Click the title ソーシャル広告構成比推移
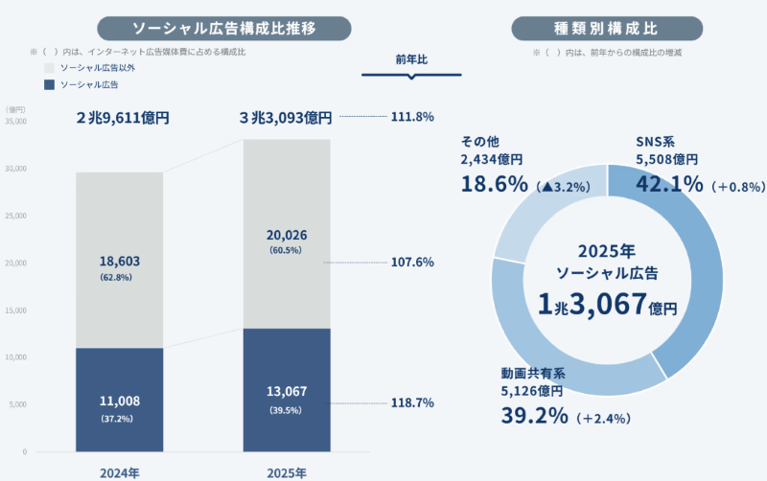224,28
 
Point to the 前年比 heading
411,59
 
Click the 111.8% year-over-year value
413,117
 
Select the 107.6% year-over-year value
413,262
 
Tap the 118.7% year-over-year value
413,403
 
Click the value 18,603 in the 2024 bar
120,261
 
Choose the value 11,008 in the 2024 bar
120,401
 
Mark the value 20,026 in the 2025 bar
287,236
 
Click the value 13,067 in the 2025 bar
287,393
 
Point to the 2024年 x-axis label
120,472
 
